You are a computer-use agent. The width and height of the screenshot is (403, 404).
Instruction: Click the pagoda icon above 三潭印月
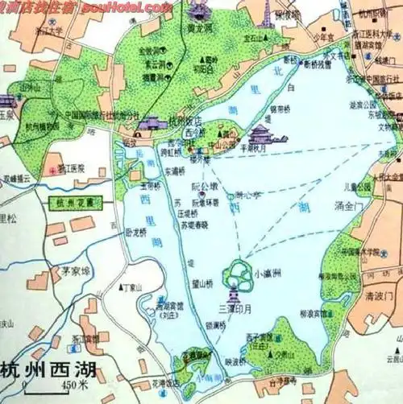235,293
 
